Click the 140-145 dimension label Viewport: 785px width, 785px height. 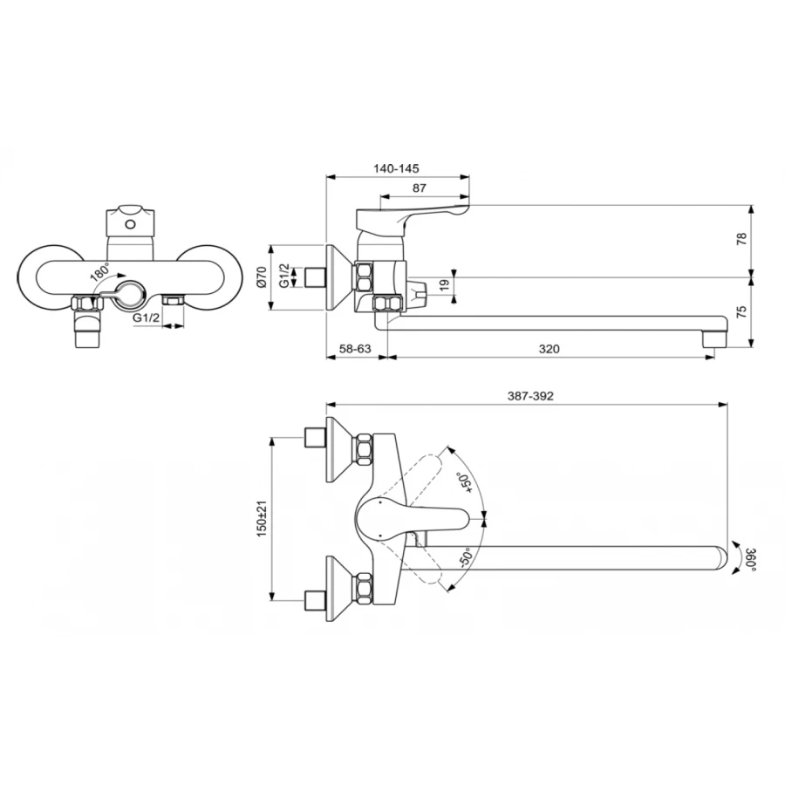coord(395,168)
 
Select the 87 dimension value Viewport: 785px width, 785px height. coord(420,188)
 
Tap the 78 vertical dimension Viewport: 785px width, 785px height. coord(742,238)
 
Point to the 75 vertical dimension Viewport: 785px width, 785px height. coord(742,311)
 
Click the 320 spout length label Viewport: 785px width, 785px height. coord(549,348)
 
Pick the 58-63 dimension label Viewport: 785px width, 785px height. coord(355,348)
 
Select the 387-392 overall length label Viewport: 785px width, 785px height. coord(530,396)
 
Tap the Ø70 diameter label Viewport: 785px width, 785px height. coord(262,277)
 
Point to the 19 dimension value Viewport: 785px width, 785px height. coord(443,285)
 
